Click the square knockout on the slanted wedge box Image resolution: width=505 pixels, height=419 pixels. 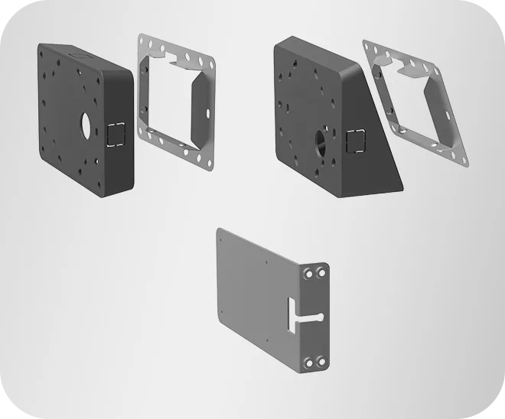[357, 142]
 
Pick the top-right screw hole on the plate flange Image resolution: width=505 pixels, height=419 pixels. [321, 273]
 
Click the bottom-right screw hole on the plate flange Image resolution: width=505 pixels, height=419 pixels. [321, 362]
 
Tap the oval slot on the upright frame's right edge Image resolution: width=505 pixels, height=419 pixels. [210, 112]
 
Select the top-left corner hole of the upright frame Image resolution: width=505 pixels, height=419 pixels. [142, 41]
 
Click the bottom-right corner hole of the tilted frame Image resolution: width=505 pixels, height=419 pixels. [464, 161]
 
